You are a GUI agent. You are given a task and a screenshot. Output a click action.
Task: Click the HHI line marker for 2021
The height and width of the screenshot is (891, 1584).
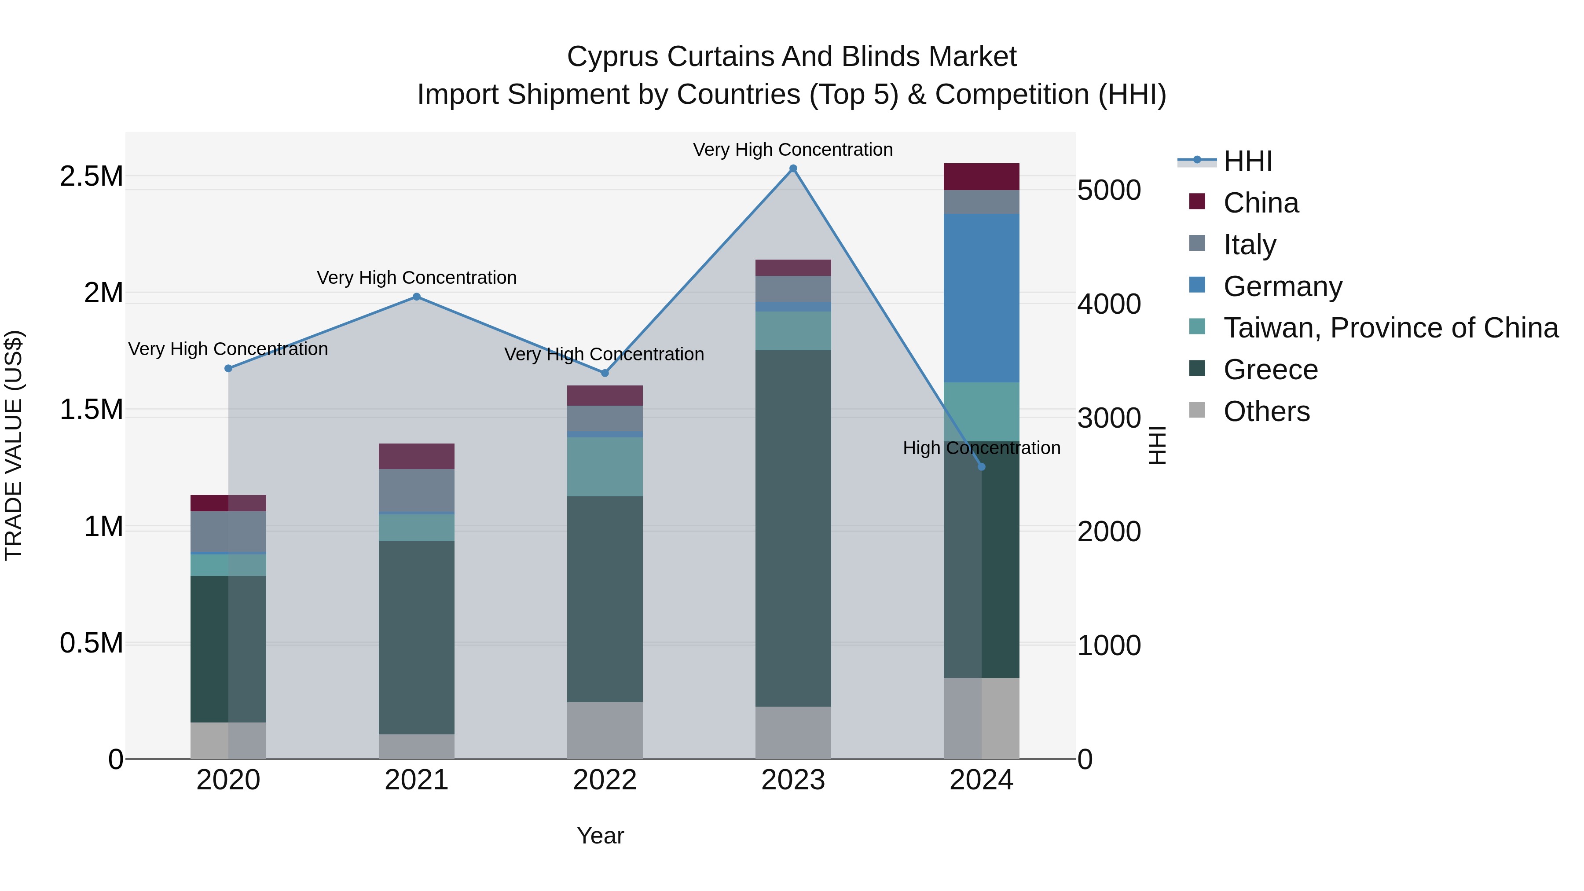(x=416, y=297)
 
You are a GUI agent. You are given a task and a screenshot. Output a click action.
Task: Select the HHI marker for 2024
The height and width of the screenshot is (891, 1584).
(x=981, y=467)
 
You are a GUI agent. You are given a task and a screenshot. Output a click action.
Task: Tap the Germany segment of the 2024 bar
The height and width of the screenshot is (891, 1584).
(x=981, y=298)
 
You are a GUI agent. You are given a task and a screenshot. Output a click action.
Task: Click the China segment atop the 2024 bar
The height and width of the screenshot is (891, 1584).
(x=981, y=176)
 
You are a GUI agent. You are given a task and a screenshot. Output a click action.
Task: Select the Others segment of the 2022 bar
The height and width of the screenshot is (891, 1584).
(x=605, y=730)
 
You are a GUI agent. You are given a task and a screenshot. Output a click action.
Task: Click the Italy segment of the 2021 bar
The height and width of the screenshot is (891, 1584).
(x=416, y=490)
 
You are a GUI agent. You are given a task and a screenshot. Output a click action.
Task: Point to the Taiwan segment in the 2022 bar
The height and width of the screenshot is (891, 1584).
(x=605, y=467)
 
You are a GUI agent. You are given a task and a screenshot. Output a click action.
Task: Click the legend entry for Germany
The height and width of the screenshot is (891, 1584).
(x=1283, y=286)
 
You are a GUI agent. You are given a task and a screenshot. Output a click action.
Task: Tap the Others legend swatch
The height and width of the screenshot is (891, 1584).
(x=1197, y=410)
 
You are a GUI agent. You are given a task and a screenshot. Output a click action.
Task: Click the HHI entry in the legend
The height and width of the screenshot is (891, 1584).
(x=1247, y=161)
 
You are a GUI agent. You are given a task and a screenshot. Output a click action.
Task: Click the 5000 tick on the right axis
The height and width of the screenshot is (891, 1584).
(x=1109, y=190)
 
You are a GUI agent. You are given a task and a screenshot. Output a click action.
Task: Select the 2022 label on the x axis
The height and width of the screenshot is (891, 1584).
(x=605, y=780)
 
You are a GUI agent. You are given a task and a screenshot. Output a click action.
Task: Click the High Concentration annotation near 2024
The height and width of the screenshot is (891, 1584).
(x=981, y=447)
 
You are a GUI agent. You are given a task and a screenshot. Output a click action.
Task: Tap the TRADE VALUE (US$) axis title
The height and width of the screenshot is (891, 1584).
(x=14, y=445)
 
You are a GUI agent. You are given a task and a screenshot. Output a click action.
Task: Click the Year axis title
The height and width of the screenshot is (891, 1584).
(x=600, y=836)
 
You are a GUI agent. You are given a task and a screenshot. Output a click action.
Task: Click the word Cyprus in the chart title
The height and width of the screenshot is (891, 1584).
(x=613, y=57)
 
